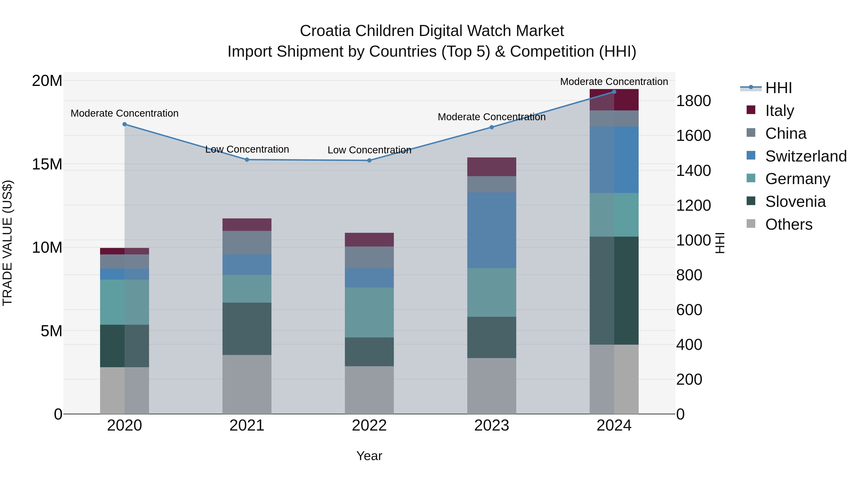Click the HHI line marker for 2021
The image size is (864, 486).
(x=247, y=160)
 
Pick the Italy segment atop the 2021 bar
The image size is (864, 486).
(x=247, y=224)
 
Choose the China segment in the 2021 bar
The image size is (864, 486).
(x=247, y=242)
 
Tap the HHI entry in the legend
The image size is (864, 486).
(x=778, y=88)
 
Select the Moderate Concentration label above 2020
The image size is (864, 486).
(x=124, y=113)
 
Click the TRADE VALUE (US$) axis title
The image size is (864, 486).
(x=7, y=243)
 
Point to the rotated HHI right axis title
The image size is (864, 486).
(x=720, y=243)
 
